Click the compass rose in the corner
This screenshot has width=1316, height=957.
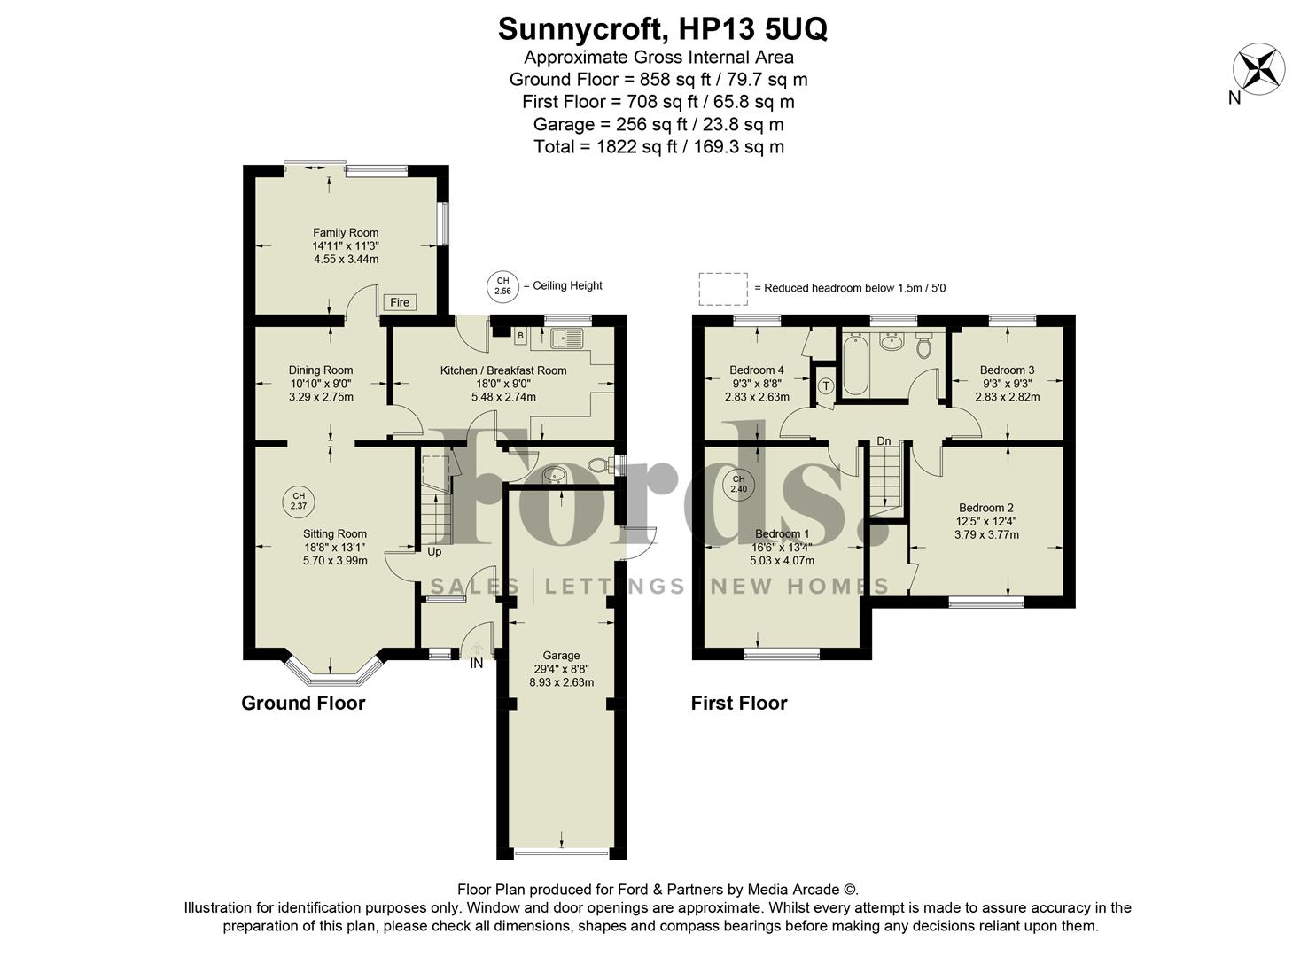point(1259,68)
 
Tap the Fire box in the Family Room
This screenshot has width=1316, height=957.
point(400,302)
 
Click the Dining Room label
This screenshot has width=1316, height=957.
point(320,370)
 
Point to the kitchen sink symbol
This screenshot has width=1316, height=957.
point(566,338)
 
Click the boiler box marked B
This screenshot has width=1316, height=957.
point(520,336)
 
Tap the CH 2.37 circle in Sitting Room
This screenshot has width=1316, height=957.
point(299,501)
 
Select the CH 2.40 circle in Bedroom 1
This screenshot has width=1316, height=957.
point(738,484)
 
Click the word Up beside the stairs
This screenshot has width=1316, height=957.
point(434,552)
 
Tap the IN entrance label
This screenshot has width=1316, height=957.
point(477,663)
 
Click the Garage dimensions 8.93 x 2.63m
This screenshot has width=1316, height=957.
point(561,682)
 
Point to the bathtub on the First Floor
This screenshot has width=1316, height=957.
point(854,363)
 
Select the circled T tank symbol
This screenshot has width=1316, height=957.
point(825,386)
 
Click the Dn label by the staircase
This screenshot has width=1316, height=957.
point(884,440)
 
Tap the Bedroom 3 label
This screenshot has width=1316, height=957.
point(1007,370)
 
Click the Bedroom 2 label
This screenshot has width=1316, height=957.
point(985,508)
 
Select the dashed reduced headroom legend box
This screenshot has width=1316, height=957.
point(722,288)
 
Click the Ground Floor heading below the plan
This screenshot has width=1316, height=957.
point(303,704)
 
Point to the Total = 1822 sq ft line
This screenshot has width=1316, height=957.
point(658,147)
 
